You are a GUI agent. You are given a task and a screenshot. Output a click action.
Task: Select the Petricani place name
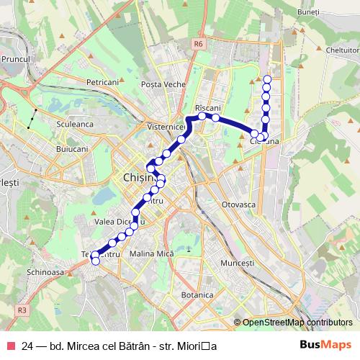point(102,82)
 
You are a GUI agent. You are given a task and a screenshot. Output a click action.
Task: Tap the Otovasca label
point(240,204)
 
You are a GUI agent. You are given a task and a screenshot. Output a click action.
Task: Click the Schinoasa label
point(45,274)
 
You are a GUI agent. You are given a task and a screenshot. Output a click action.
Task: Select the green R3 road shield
point(22,310)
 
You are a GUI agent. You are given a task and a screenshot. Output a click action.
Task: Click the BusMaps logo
point(326,346)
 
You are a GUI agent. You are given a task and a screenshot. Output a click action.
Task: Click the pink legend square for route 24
point(11,346)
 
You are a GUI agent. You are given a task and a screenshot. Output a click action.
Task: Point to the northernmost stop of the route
point(268,79)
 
